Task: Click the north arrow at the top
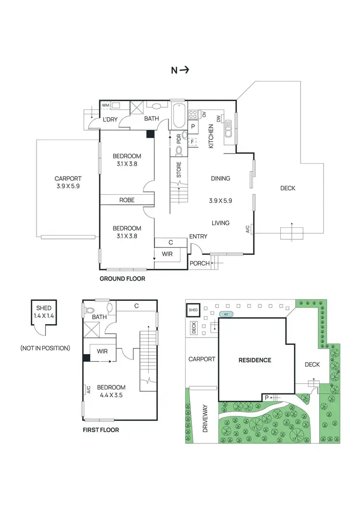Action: tap(180, 70)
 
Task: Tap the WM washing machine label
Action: tap(106, 105)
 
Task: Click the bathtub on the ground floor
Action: tap(179, 116)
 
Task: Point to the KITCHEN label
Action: tap(211, 136)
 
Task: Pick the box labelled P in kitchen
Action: tap(193, 127)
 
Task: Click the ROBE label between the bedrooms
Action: tap(127, 200)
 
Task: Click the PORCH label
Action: tap(199, 263)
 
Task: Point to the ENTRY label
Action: tap(198, 237)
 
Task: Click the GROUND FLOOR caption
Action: tap(122, 279)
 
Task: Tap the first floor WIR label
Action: tap(102, 352)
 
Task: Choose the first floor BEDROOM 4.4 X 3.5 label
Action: tap(111, 391)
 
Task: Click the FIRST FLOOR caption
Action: tap(101, 430)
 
